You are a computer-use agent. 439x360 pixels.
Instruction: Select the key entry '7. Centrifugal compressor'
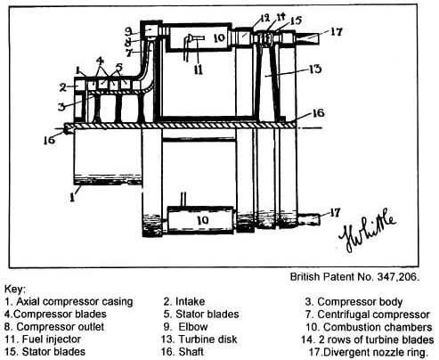coord(368,315)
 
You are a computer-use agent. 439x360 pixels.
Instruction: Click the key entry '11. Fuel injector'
coord(43,340)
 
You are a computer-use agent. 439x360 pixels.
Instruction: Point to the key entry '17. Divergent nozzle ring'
coord(369,352)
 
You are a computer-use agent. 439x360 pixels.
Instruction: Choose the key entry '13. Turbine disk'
coord(199,340)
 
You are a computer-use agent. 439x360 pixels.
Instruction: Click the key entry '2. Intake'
coord(184,301)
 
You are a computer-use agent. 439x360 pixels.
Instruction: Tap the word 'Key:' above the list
coord(15,289)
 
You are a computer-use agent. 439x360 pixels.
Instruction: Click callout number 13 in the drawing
coord(314,69)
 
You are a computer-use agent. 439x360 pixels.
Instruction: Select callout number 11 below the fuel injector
coord(199,70)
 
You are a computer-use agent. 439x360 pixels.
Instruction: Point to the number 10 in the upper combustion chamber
coord(220,37)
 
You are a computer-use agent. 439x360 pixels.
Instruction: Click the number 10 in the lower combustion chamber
coord(203,220)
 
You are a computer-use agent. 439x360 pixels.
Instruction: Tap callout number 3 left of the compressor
coord(61,106)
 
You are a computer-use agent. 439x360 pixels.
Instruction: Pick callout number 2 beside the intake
coord(62,87)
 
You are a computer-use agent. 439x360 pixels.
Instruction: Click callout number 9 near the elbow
coord(128,31)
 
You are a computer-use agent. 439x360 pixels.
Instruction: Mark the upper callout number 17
coord(336,31)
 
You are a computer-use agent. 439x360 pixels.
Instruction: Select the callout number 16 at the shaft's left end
coord(49,140)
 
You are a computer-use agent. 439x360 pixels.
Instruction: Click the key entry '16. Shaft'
coord(183,352)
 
